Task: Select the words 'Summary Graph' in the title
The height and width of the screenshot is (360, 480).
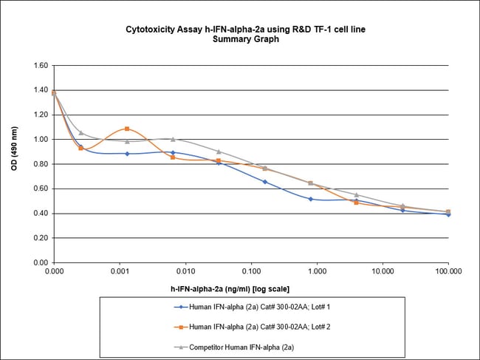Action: (x=246, y=39)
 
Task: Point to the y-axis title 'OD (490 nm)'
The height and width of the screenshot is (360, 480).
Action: (x=14, y=149)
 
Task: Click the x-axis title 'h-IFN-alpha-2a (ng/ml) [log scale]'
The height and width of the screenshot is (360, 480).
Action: (x=230, y=289)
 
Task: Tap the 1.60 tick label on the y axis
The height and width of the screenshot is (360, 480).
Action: (x=41, y=66)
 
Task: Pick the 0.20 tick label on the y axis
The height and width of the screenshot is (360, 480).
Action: (x=41, y=238)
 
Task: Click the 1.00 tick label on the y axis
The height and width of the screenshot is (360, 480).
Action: (x=41, y=140)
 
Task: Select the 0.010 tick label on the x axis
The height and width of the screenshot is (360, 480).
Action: (x=185, y=272)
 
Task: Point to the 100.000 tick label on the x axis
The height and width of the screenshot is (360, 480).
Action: (x=448, y=272)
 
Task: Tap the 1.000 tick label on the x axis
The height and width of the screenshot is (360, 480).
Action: (x=317, y=272)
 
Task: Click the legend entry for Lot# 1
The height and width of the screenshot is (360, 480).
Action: (x=252, y=307)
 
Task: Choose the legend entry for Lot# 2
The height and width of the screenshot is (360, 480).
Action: (x=252, y=327)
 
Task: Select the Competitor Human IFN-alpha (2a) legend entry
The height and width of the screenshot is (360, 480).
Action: (x=234, y=347)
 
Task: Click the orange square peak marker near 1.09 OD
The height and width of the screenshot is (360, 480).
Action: (x=127, y=129)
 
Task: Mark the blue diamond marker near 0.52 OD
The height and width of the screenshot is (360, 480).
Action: (x=311, y=199)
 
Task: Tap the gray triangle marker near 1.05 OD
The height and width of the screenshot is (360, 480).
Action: (x=80, y=132)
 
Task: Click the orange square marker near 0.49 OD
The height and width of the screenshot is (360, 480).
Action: (x=357, y=203)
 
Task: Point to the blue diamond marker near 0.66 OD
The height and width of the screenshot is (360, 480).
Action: (x=265, y=182)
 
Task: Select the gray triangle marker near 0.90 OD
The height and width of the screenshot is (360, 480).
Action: (x=219, y=152)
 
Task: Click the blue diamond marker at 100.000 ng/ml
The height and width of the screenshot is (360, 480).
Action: (x=448, y=215)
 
